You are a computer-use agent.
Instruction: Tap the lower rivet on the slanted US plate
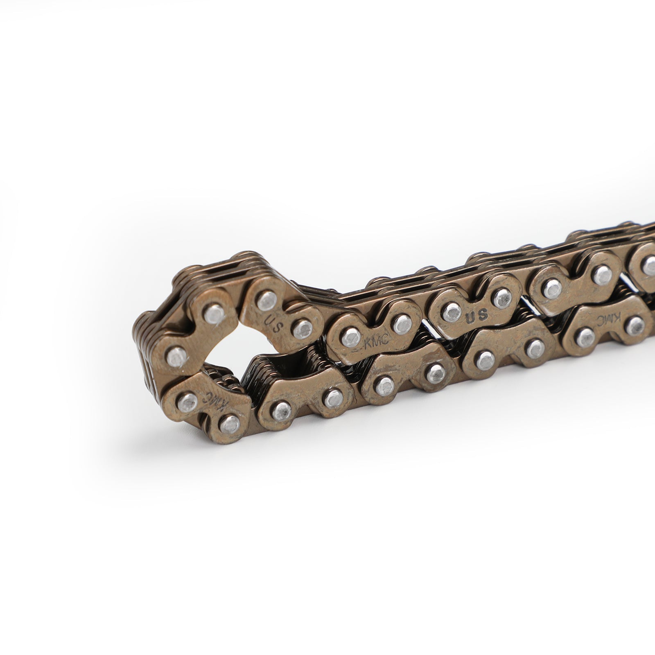303,328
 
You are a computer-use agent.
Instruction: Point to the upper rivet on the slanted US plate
266,300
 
